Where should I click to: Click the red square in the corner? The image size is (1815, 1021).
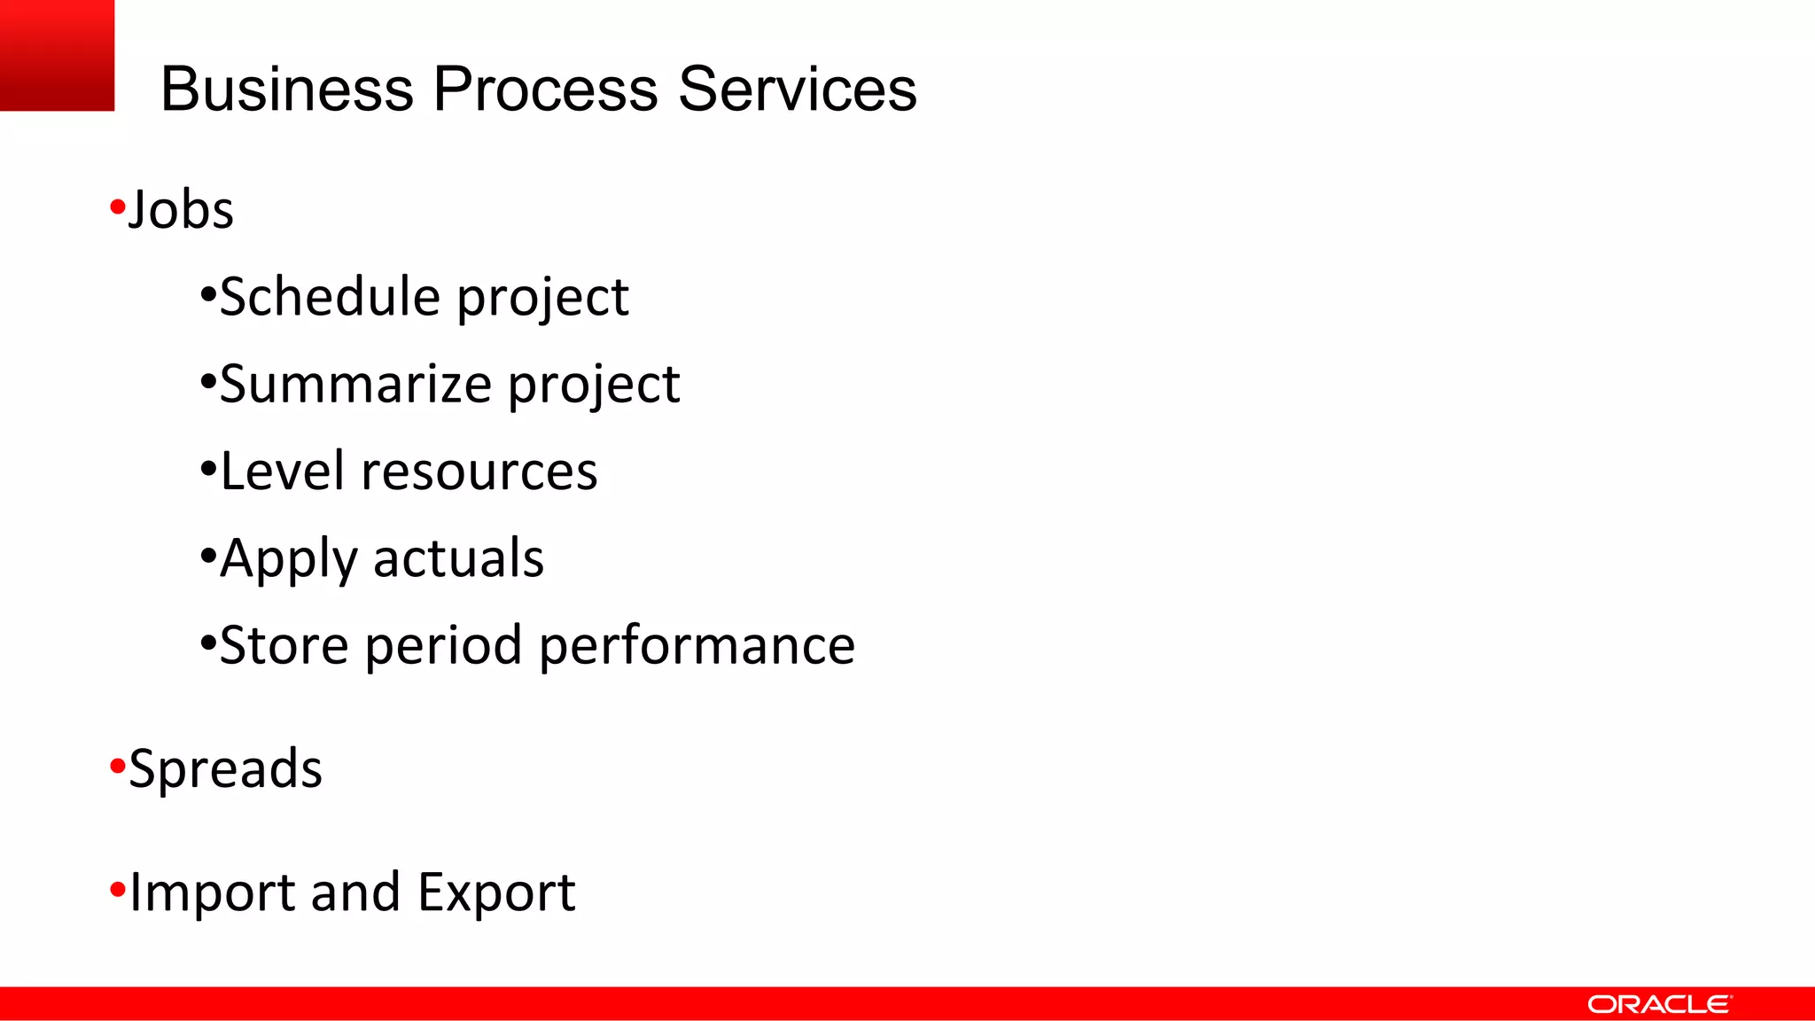[x=57, y=55]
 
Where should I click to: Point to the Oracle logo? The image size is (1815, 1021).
[x=1658, y=1004]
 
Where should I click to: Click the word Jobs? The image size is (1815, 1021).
[x=181, y=210]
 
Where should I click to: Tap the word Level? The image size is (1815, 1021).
[x=282, y=471]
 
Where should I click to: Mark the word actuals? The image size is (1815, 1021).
[x=458, y=558]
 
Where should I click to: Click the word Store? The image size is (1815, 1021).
[x=284, y=645]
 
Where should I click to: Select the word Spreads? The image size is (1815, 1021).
[x=225, y=768]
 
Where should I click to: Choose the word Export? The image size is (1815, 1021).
[x=496, y=892]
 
